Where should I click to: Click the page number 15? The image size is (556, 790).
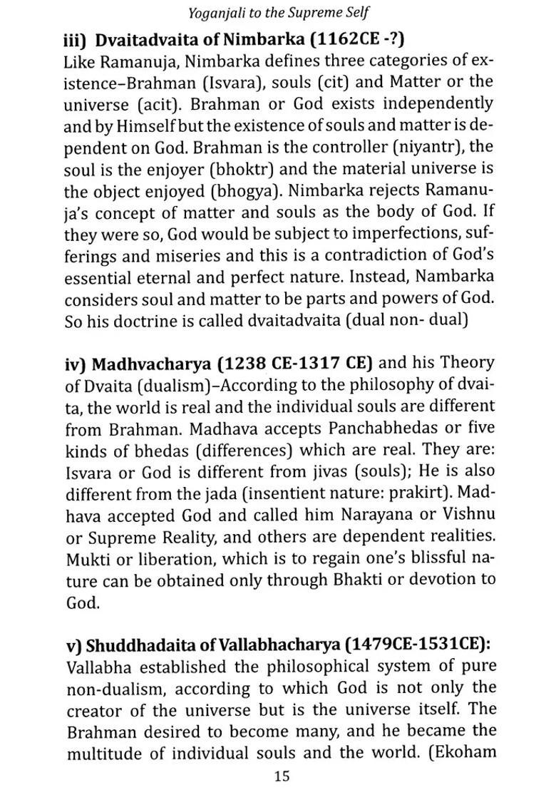281,776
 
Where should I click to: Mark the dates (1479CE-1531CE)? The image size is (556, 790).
416,647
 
